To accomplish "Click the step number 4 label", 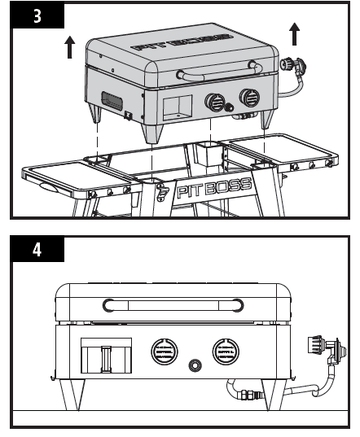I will (37, 249).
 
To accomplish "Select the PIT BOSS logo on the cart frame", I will (208, 193).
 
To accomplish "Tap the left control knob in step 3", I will (216, 103).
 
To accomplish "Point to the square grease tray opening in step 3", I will (175, 106).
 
